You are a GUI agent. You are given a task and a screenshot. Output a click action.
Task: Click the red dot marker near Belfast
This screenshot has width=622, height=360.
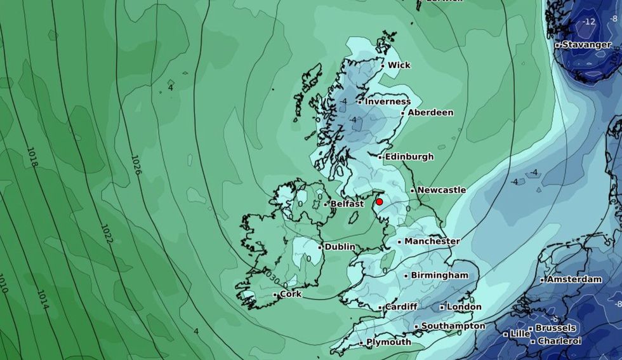tap(380, 202)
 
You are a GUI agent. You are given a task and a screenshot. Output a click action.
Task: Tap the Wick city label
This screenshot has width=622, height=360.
tap(399, 65)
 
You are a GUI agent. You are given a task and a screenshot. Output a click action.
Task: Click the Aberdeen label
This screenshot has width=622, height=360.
tap(430, 112)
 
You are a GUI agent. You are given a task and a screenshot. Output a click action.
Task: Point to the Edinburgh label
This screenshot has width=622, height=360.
tap(409, 156)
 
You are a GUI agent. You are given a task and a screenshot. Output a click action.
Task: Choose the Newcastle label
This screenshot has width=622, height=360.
tap(441, 190)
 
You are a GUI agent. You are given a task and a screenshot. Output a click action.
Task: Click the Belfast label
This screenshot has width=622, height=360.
tap(347, 204)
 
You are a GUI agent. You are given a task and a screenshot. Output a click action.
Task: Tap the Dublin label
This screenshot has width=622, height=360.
tap(340, 246)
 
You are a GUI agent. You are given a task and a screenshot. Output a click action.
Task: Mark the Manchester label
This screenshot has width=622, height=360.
tap(432, 241)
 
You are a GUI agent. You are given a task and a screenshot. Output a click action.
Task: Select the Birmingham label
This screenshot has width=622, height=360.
tap(439, 275)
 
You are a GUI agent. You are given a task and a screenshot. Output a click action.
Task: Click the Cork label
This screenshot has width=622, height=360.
tap(290, 294)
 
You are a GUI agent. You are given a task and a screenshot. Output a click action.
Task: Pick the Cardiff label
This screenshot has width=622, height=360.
tap(401, 307)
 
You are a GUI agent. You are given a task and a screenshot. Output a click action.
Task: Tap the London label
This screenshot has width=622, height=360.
tap(464, 307)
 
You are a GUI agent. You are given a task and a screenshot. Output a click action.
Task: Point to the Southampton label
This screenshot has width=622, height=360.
tap(453, 326)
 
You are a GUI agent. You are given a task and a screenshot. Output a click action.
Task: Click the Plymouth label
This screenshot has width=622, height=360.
tap(388, 342)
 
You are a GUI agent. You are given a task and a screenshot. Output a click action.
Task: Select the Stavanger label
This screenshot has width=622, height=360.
tap(586, 45)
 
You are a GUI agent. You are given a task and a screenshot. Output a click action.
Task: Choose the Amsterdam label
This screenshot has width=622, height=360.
tap(574, 279)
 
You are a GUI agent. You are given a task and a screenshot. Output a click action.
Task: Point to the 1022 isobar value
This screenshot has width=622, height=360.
tap(106, 234)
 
